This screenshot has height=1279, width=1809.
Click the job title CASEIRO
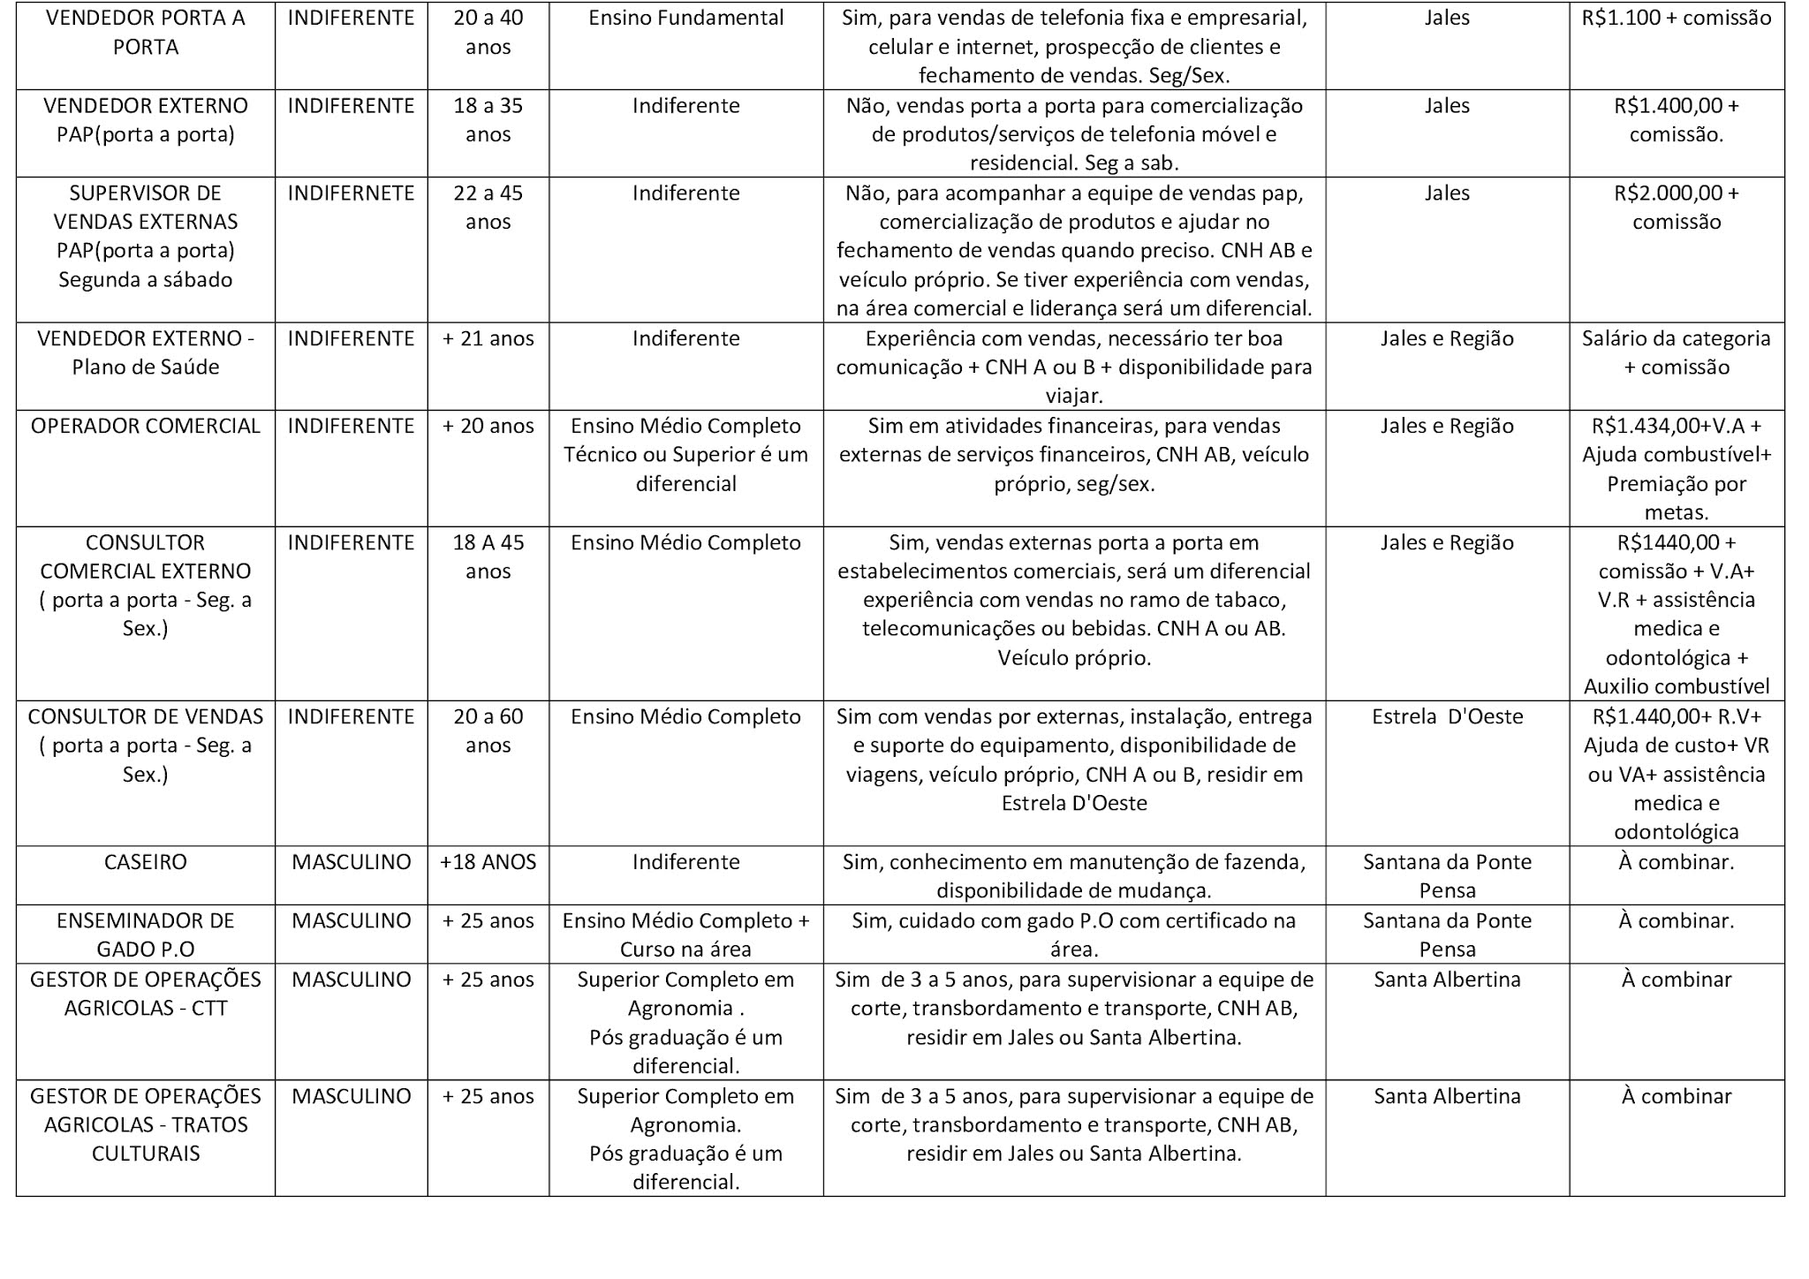pyautogui.click(x=145, y=862)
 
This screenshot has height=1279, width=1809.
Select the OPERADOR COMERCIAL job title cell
pyautogui.click(x=145, y=426)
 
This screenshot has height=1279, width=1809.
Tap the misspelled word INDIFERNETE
pyautogui.click(x=351, y=193)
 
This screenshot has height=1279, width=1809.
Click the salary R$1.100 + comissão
pyautogui.click(x=1677, y=18)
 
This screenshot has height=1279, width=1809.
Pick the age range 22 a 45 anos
pyautogui.click(x=488, y=207)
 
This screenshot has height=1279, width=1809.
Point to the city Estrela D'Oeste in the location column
pyautogui.click(x=1447, y=716)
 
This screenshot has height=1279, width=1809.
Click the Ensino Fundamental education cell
pyautogui.click(x=685, y=18)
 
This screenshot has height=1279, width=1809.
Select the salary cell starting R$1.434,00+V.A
pyautogui.click(x=1677, y=468)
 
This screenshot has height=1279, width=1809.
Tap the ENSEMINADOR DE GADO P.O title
pyautogui.click(x=145, y=935)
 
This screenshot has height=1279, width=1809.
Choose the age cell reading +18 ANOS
pyautogui.click(x=488, y=862)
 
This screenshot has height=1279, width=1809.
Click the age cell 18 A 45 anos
pyautogui.click(x=488, y=556)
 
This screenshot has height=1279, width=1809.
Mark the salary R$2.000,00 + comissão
pyautogui.click(x=1677, y=207)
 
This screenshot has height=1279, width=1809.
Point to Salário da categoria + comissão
pyautogui.click(x=1677, y=352)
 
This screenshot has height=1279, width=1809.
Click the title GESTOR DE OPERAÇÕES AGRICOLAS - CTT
pyautogui.click(x=145, y=993)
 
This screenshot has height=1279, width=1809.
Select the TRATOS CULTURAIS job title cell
pyautogui.click(x=145, y=1124)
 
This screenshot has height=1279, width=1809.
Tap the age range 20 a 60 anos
pyautogui.click(x=488, y=730)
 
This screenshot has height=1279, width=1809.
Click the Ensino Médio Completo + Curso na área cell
pyautogui.click(x=685, y=935)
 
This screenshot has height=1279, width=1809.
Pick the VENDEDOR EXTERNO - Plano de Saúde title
pyautogui.click(x=145, y=352)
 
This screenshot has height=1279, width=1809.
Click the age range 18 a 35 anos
pyautogui.click(x=488, y=119)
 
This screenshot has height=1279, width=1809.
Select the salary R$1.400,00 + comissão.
pyautogui.click(x=1677, y=119)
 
